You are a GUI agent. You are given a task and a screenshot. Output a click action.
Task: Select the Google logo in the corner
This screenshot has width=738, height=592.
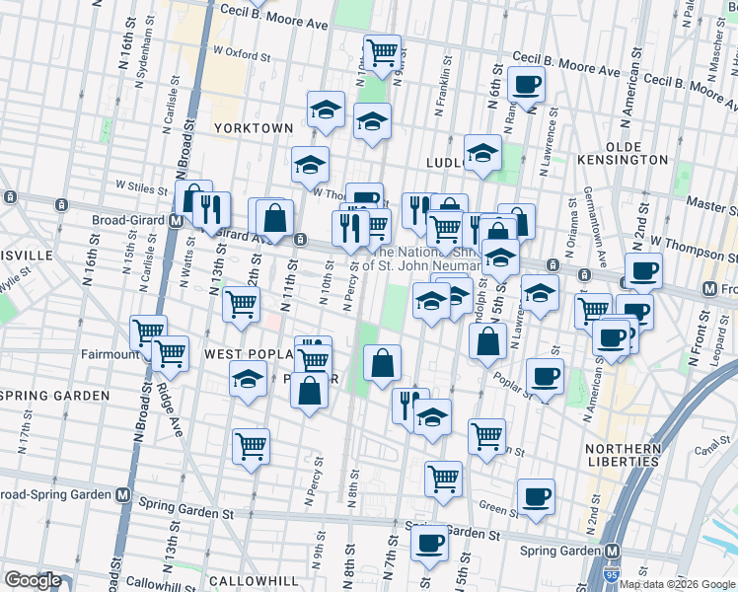33,580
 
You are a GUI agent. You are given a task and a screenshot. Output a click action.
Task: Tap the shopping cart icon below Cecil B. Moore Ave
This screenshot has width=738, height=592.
381,50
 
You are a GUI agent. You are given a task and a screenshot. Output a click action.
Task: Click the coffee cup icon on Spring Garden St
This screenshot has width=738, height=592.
429,541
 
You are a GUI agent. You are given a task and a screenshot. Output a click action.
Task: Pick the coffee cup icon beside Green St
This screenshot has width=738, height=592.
536,496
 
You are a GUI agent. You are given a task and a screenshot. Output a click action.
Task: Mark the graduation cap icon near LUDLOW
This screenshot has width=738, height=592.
482,152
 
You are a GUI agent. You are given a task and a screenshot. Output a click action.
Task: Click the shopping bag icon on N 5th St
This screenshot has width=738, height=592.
487,342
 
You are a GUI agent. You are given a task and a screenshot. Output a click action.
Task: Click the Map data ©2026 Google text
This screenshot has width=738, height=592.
676,584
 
